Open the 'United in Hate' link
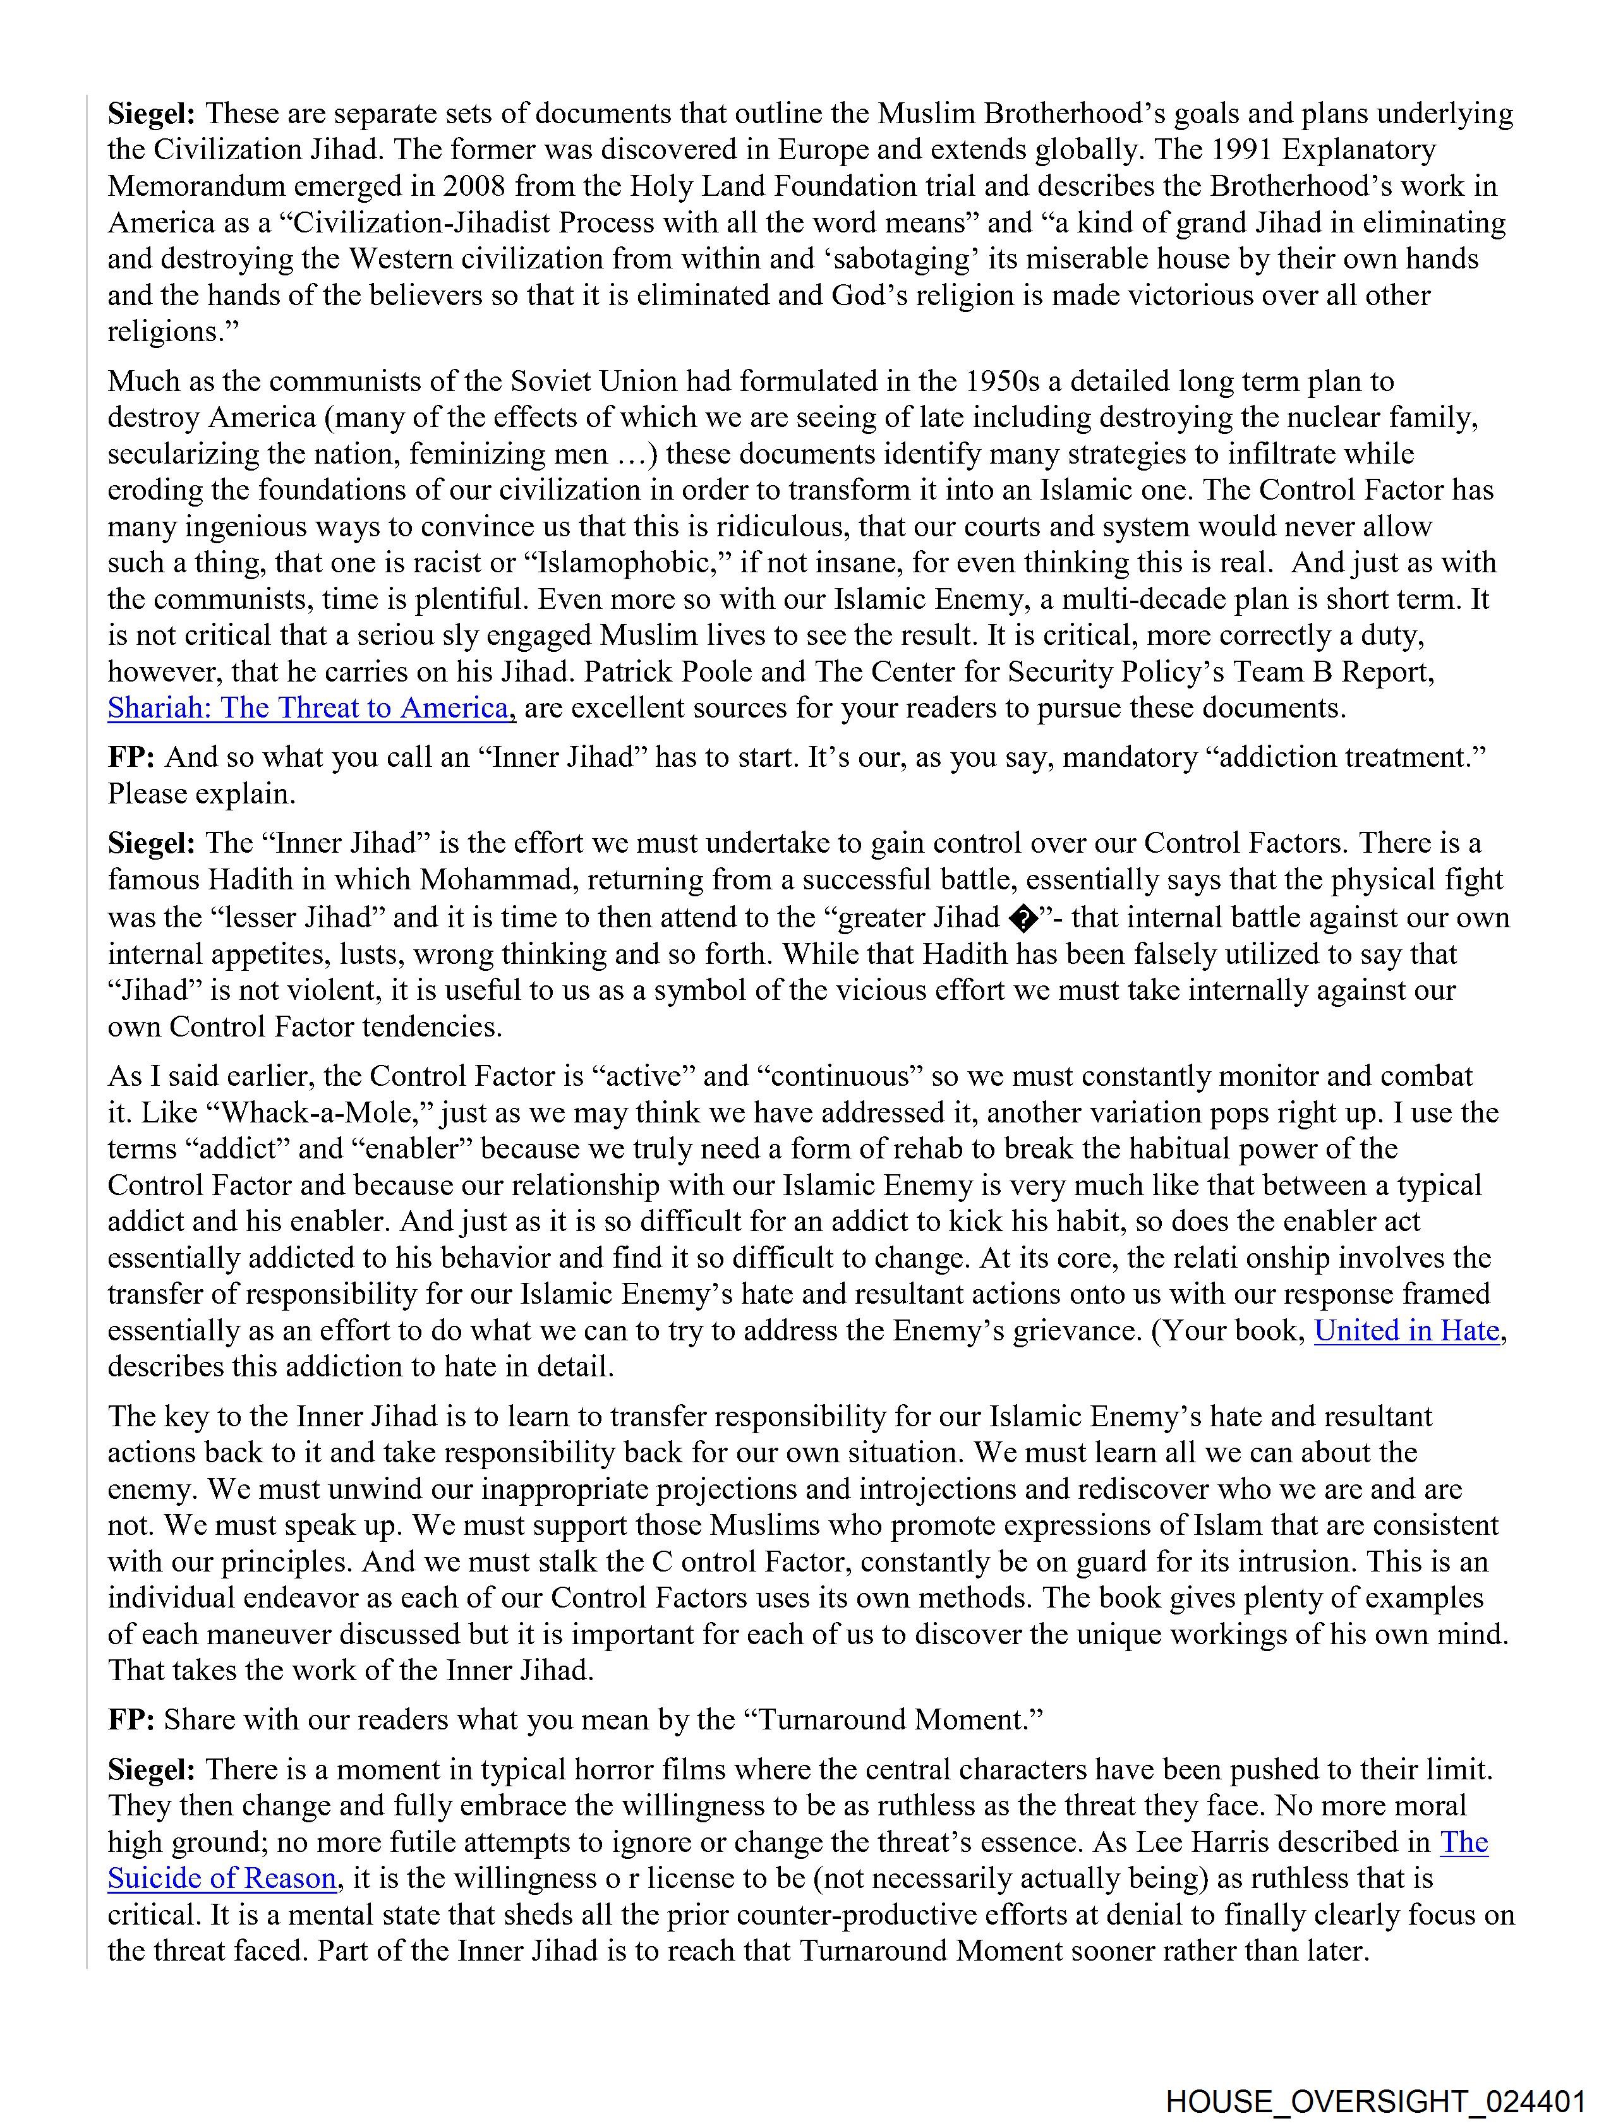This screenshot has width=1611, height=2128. click(1406, 1330)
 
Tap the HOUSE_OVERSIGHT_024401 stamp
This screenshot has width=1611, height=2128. click(1375, 2098)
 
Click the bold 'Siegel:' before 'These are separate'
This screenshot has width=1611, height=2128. click(151, 114)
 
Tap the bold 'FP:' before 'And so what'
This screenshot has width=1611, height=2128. click(131, 757)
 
